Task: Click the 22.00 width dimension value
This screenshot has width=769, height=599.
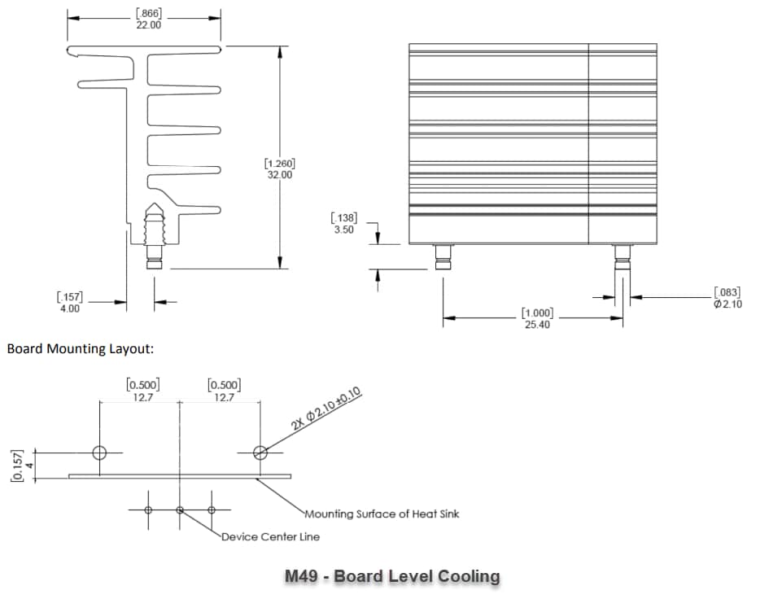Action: click(149, 25)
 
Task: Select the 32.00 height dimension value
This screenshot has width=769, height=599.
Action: click(280, 175)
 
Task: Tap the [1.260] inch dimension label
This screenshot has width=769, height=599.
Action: click(280, 164)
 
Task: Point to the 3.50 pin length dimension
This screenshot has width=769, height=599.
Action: click(343, 230)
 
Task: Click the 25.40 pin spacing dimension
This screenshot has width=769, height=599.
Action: click(537, 324)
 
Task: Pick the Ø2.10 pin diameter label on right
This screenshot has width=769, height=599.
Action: click(727, 304)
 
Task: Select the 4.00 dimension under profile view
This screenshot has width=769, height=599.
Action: click(69, 308)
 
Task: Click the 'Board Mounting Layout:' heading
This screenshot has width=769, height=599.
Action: click(80, 349)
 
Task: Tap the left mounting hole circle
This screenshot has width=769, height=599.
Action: click(99, 453)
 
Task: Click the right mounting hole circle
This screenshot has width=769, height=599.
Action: click(260, 453)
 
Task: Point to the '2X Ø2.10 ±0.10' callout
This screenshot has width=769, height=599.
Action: click(326, 412)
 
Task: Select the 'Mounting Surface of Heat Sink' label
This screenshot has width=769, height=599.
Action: click(382, 514)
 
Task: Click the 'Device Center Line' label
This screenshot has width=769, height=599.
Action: click(271, 536)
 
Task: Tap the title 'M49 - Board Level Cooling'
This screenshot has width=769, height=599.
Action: click(392, 576)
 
